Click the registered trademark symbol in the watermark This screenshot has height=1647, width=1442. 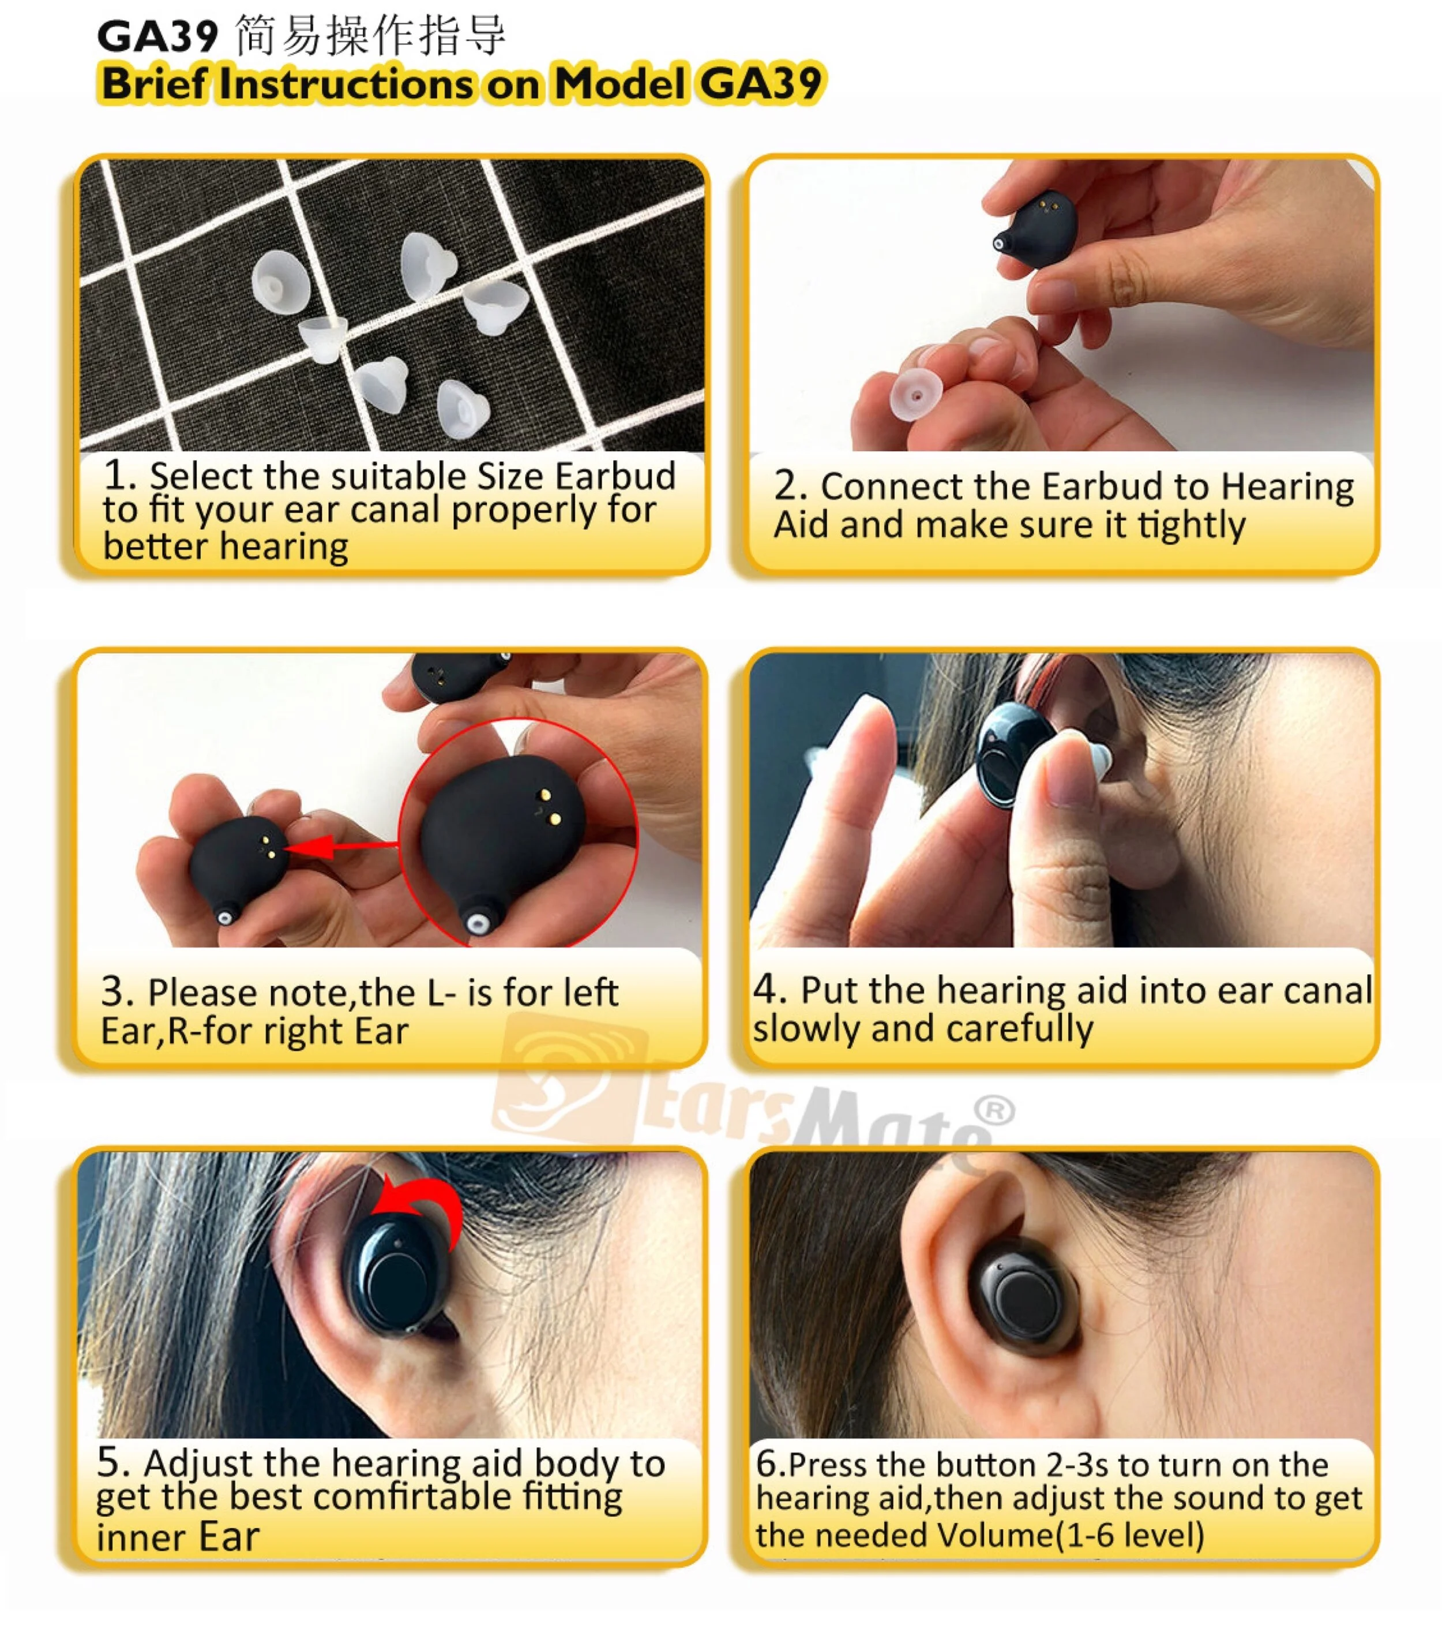click(996, 1111)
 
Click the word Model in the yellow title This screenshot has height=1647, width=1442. click(619, 84)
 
